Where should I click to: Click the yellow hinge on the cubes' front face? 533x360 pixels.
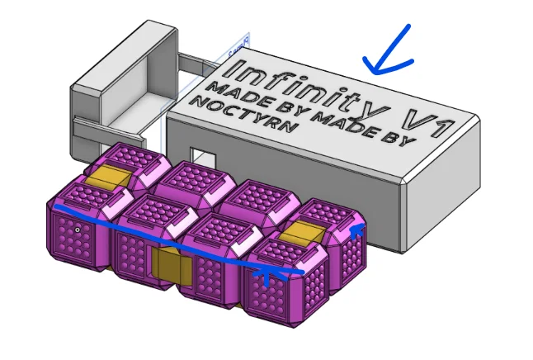(172, 267)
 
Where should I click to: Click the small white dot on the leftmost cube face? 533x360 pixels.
(77, 229)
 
